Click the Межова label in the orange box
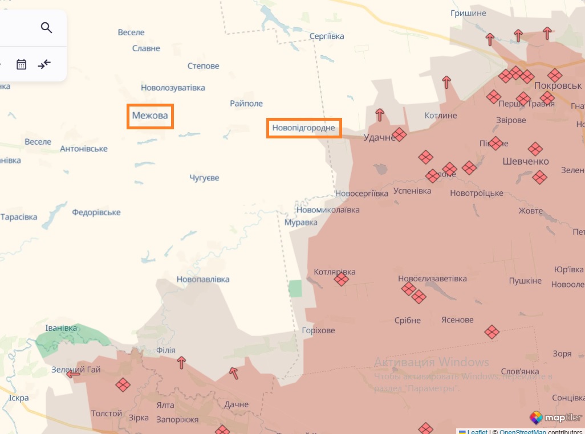150,116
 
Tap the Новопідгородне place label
304,128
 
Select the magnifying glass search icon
47,27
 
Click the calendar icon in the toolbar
22,64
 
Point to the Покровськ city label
558,85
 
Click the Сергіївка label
327,36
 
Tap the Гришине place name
468,13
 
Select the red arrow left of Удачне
380,115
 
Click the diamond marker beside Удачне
399,135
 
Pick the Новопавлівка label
203,279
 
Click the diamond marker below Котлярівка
342,279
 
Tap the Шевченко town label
526,161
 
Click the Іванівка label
61,328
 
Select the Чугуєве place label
204,178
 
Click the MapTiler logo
555,418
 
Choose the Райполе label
246,104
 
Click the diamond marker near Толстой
123,385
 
